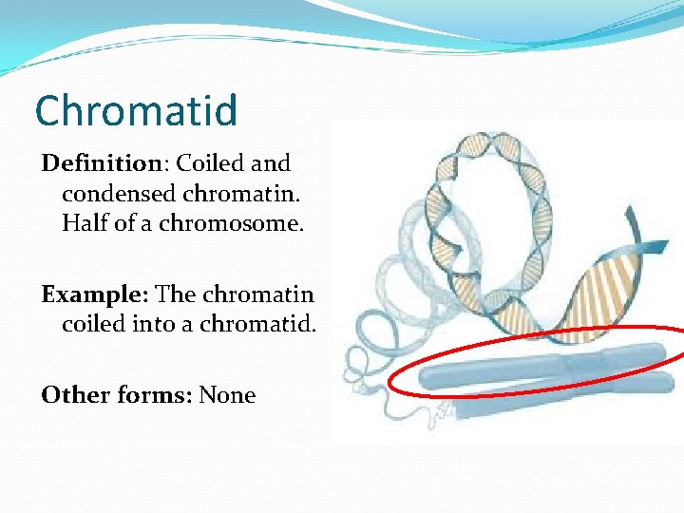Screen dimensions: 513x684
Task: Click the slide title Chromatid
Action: pyautogui.click(x=136, y=111)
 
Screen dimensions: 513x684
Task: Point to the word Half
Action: pyautogui.click(x=84, y=223)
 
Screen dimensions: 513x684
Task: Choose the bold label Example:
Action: pyautogui.click(x=94, y=294)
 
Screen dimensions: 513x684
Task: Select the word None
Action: pyautogui.click(x=227, y=395)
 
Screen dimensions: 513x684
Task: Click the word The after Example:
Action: pyautogui.click(x=176, y=294)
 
